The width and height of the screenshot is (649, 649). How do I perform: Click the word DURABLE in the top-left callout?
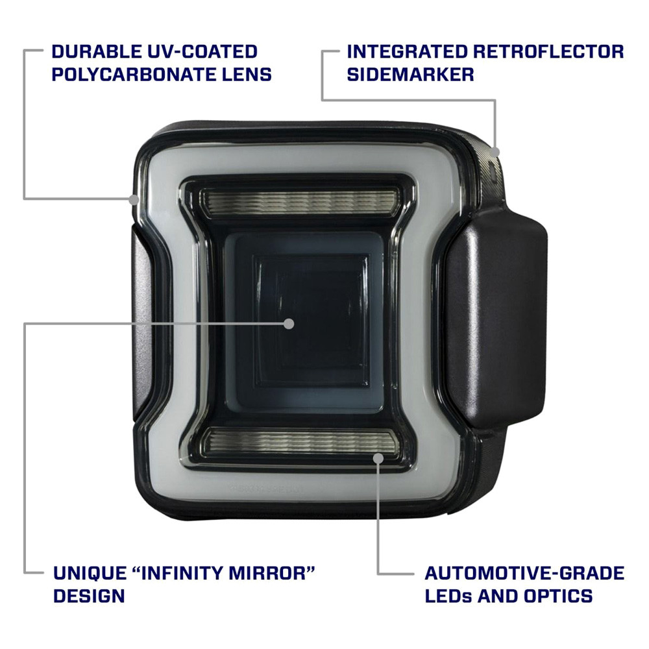[x=96, y=52]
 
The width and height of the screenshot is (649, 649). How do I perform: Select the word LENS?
[x=247, y=75]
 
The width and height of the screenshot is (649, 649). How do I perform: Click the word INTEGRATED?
[x=406, y=52]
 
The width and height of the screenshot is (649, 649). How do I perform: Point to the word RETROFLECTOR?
[x=548, y=52]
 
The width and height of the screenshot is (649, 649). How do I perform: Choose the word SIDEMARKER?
[x=410, y=75]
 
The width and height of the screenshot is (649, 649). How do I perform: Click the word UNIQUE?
[x=90, y=573]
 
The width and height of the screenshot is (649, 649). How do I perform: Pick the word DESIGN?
[x=89, y=596]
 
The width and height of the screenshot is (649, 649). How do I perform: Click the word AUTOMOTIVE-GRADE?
[x=524, y=573]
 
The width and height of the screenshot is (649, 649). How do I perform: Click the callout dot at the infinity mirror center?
[x=289, y=324]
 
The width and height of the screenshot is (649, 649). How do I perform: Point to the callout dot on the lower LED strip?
[x=378, y=458]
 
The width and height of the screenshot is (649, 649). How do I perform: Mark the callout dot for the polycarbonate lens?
[x=133, y=199]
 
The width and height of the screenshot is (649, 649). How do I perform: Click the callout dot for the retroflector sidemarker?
[x=495, y=153]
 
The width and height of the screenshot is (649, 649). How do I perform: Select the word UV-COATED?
[x=202, y=52]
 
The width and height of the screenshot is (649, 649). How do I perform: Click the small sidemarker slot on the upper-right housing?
[x=492, y=169]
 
